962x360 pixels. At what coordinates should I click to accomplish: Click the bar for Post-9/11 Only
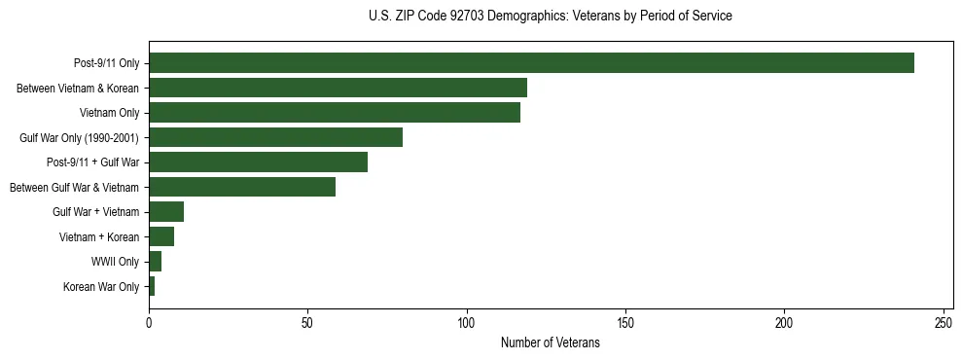(x=531, y=63)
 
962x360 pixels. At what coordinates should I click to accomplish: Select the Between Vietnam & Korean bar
(x=338, y=89)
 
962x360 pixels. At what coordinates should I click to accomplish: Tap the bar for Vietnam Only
(x=335, y=113)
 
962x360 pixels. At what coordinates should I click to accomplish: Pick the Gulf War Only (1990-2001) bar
(x=275, y=137)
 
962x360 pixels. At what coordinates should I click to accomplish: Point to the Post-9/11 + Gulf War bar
(x=258, y=162)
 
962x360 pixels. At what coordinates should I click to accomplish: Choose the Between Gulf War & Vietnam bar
(x=242, y=187)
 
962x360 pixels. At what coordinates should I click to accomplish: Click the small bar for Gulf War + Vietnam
(x=166, y=212)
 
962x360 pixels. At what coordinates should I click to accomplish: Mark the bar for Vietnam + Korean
(x=161, y=236)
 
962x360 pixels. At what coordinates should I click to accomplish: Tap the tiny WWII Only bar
(x=155, y=262)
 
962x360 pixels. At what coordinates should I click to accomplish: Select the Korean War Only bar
(x=152, y=286)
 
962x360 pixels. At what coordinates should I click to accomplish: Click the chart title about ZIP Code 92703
(x=551, y=17)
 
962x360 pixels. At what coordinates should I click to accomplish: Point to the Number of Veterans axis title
(x=551, y=343)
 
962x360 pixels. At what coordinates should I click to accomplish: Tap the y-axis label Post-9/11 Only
(x=107, y=63)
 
